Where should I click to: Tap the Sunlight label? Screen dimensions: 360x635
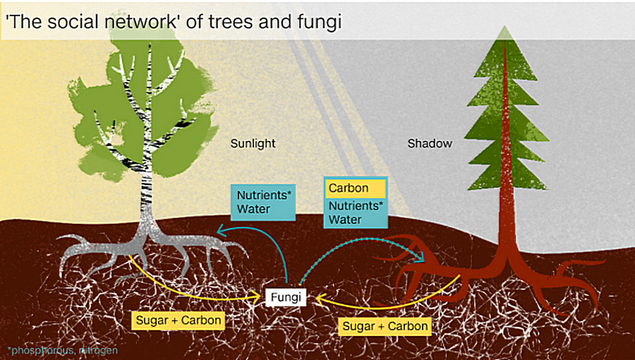coord(253,143)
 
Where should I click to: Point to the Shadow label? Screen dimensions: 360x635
coord(430,143)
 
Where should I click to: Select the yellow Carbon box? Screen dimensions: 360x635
coord(355,188)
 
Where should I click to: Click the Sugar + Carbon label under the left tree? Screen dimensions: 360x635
coord(179,320)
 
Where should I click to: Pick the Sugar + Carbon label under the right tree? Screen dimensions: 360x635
coord(385,326)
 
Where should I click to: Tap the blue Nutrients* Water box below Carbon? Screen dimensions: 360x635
coord(355,212)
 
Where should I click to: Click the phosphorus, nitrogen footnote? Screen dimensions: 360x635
coord(62,350)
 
